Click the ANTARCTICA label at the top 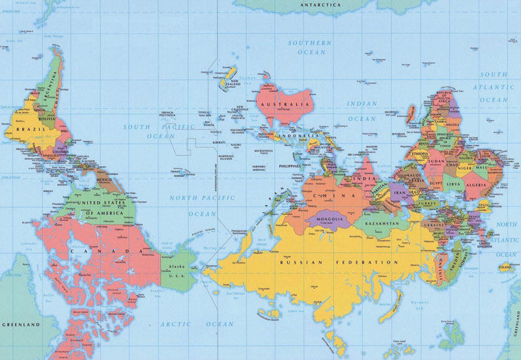320,5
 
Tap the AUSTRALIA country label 283,104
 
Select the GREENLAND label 21,324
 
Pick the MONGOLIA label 329,219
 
